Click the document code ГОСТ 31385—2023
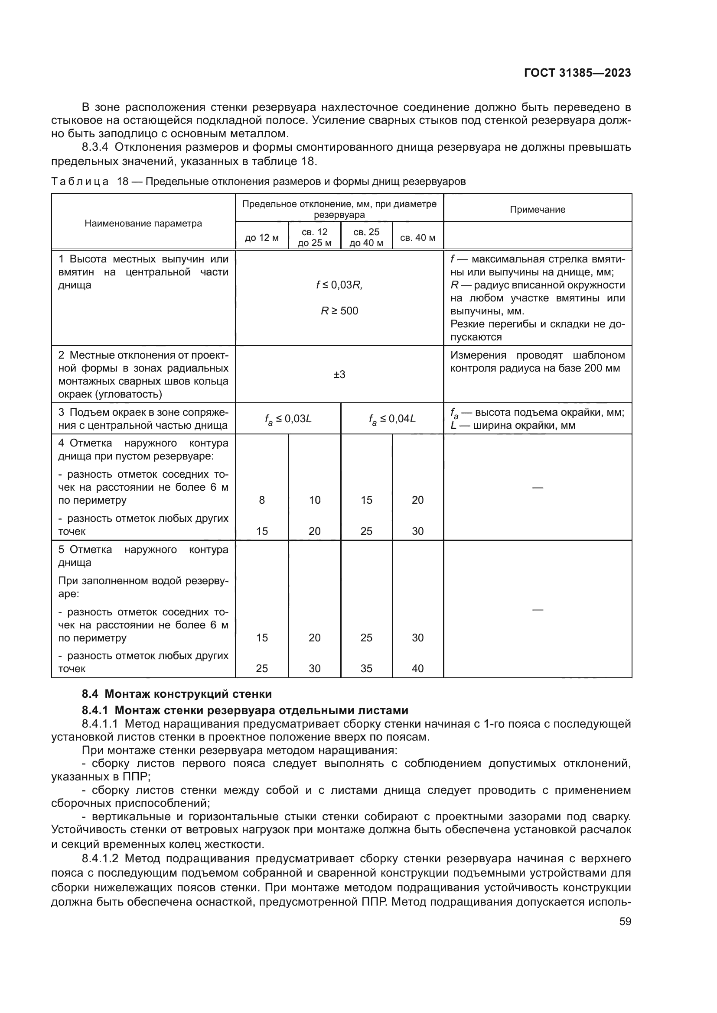click(x=577, y=73)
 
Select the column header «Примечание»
click(x=537, y=210)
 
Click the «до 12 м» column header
click(x=262, y=238)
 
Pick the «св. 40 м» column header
click(x=417, y=238)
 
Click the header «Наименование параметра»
click(x=143, y=223)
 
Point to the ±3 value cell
click(x=339, y=375)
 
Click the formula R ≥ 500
click(x=339, y=311)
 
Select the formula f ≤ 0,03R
click(x=339, y=285)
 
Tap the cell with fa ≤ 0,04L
click(x=392, y=419)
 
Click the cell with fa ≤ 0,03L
click(x=288, y=419)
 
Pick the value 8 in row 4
click(x=262, y=500)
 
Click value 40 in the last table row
click(x=417, y=668)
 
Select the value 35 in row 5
click(x=366, y=668)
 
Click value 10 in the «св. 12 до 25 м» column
click(x=314, y=500)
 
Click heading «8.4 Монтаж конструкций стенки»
click(x=176, y=694)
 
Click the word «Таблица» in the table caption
click(x=79, y=182)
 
